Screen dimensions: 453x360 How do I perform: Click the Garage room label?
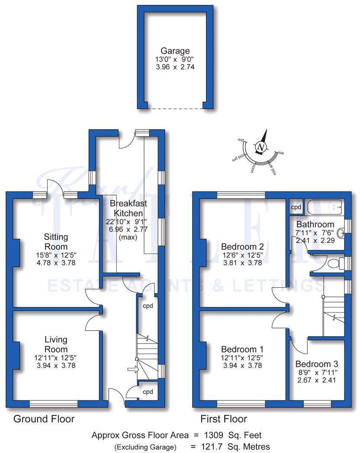pyautogui.click(x=175, y=51)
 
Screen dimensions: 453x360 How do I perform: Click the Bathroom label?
pyautogui.click(x=315, y=224)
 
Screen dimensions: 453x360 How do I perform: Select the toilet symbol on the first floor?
pyautogui.click(x=334, y=263)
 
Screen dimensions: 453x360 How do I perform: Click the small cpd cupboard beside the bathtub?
pyautogui.click(x=296, y=207)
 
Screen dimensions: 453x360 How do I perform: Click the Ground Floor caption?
pyautogui.click(x=44, y=419)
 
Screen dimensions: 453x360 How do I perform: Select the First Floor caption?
pyautogui.click(x=224, y=419)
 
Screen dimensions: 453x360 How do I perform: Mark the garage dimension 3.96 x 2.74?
pyautogui.click(x=175, y=67)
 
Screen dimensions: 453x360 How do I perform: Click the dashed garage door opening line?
pyautogui.click(x=175, y=108)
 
